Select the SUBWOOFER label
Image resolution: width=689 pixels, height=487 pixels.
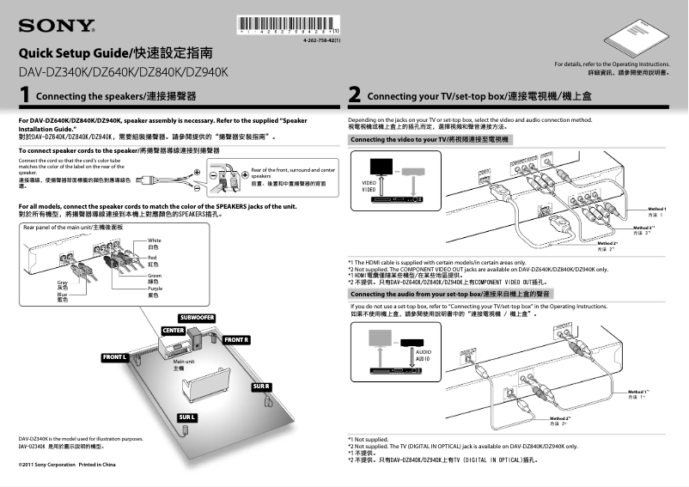[x=197, y=319]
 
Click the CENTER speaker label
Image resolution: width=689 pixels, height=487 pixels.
[x=174, y=331]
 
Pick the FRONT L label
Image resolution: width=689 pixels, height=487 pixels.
[x=115, y=356]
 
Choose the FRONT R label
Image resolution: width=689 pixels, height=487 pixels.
[x=236, y=340]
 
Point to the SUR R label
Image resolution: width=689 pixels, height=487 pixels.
[x=261, y=387]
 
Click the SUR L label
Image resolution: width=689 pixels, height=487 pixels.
[x=187, y=417]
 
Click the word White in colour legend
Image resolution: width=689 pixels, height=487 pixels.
[x=155, y=240]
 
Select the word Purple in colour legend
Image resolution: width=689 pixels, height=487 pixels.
[x=155, y=289]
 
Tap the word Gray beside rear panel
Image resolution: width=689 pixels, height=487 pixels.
[x=62, y=283]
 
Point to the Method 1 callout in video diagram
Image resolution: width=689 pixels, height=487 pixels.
[x=657, y=210]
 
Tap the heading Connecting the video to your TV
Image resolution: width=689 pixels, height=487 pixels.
[x=430, y=139]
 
